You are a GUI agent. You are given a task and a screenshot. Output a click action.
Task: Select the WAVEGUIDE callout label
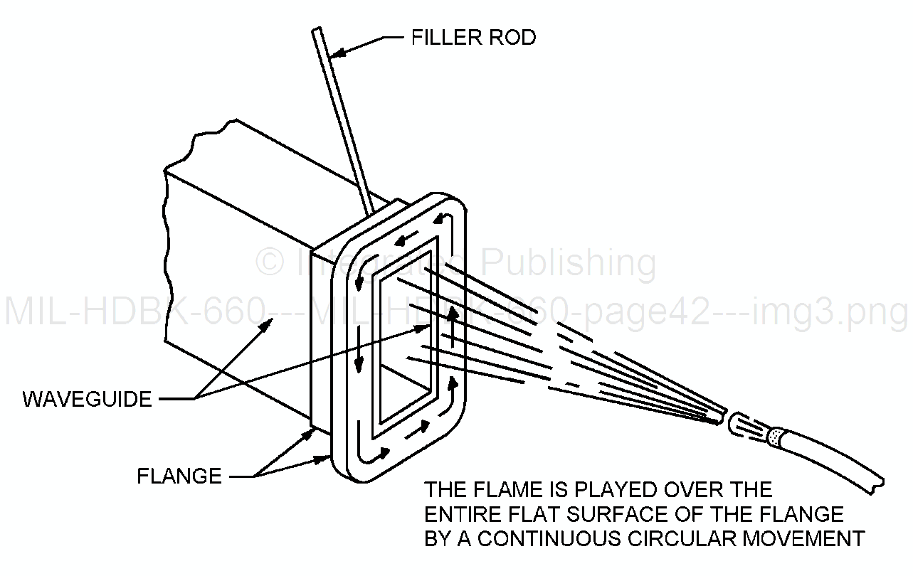(88, 399)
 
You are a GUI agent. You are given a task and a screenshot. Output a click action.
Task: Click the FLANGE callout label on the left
(179, 475)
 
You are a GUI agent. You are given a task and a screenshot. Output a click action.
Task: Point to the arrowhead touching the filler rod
(340, 51)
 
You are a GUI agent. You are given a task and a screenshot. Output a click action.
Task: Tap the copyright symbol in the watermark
(269, 262)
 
